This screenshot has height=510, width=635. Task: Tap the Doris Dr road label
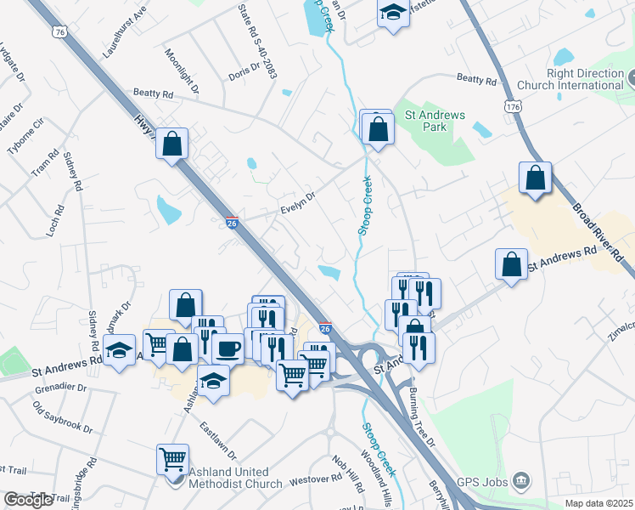244,73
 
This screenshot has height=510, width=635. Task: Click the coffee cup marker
227,348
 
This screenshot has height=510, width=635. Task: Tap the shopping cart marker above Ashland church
172,459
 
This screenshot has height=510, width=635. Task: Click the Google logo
28,500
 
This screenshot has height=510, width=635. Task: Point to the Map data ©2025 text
598,503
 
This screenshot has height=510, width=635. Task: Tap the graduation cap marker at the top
392,13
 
